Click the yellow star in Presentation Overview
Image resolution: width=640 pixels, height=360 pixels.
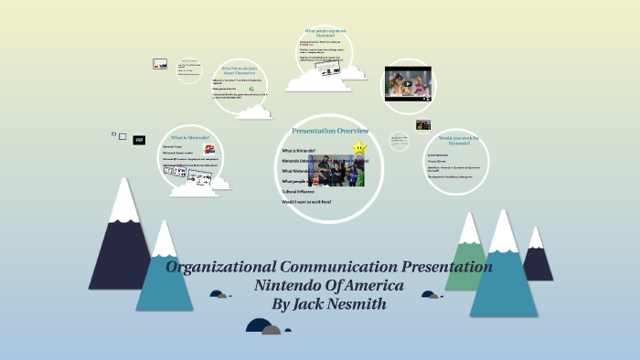point(360,145)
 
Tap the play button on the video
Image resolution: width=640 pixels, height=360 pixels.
point(409,83)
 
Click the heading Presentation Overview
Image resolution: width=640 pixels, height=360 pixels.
point(330,131)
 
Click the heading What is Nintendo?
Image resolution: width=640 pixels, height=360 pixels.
point(190,137)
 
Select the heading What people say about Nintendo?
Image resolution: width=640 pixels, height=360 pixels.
point(326,34)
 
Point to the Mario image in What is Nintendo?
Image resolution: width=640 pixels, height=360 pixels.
point(211,150)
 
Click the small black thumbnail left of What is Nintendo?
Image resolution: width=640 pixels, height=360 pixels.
point(139,140)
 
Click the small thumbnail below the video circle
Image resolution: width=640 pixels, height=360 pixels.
point(423,124)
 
